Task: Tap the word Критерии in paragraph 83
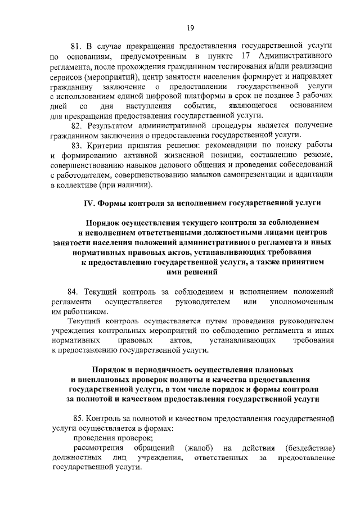(x=108, y=145)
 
